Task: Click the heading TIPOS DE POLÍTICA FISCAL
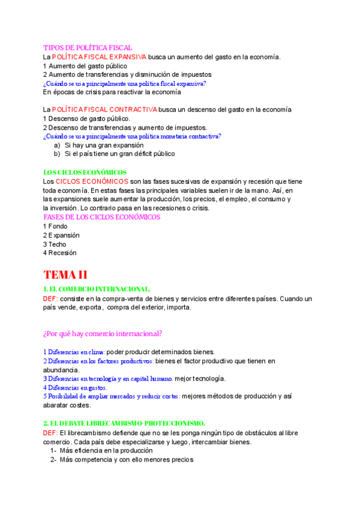pyautogui.click(x=88, y=47)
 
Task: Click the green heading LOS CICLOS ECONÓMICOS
pyautogui.click(x=85, y=172)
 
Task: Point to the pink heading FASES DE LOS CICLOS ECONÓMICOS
pyautogui.click(x=101, y=217)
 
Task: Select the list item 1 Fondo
pyautogui.click(x=55, y=226)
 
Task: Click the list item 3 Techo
pyautogui.click(x=55, y=244)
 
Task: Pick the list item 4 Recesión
pyautogui.click(x=60, y=253)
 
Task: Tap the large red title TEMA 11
pyautogui.click(x=65, y=275)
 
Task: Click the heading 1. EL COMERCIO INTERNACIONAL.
pyautogui.click(x=97, y=289)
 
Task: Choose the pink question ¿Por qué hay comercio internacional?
pyautogui.click(x=102, y=333)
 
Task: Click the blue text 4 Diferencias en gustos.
pyautogui.click(x=75, y=388)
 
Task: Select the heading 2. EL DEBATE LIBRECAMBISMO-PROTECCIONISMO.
pyautogui.click(x=124, y=423)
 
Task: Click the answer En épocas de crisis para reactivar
pyautogui.click(x=112, y=92)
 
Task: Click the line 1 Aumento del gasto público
pyautogui.click(x=85, y=65)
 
